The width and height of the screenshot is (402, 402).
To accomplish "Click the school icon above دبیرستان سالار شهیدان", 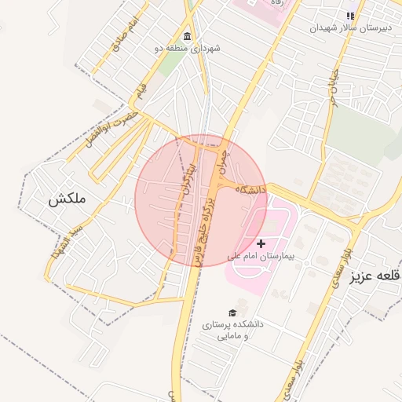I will pos(350,15).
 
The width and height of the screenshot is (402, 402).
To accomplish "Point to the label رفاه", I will pos(276,3).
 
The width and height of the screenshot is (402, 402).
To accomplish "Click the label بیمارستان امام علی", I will pos(260,256).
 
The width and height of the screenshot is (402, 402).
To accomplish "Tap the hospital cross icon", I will pos(261,244).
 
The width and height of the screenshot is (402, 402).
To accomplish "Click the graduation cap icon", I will pos(232,313).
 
